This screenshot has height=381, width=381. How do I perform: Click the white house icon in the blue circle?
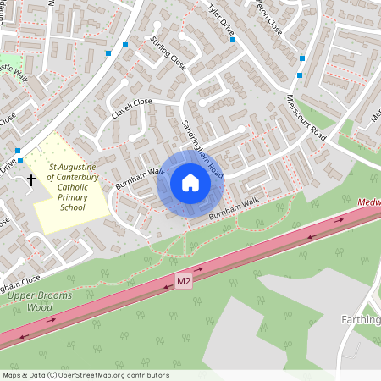coord(190,183)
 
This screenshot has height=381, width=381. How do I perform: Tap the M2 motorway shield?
coord(185,280)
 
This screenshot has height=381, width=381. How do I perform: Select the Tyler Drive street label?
coord(221,23)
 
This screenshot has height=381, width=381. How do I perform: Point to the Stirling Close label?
coord(168,52)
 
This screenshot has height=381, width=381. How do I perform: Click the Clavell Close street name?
coord(131,108)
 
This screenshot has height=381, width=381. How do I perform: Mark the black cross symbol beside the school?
coord(32,179)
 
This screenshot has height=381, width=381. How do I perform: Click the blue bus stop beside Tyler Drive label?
coord(233,39)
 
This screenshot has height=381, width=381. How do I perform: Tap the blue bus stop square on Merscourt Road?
coord(301,58)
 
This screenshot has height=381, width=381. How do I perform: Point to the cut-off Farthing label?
coord(362,321)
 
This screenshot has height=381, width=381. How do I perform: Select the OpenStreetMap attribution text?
coord(86,375)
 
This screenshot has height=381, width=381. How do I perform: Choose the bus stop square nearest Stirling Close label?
coord(125,44)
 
